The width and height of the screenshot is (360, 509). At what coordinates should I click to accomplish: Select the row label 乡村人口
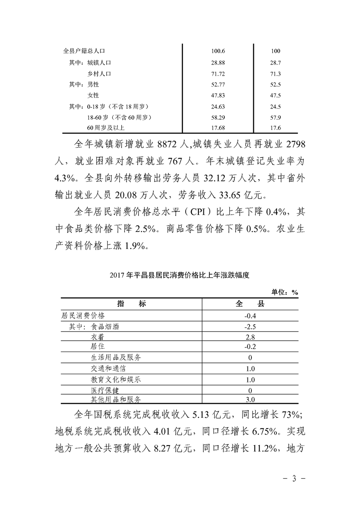99,73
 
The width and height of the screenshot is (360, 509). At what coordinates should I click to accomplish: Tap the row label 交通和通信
109,368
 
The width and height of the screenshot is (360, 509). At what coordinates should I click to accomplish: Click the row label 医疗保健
106,390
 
